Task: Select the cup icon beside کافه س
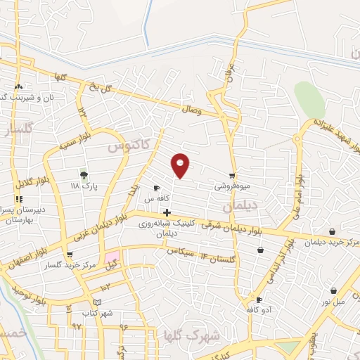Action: [157, 188]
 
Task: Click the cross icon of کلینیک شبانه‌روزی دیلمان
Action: [166, 212]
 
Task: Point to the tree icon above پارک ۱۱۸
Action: [84, 174]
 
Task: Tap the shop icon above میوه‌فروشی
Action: [232, 176]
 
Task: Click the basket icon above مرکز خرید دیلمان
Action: [332, 231]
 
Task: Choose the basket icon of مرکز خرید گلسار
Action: [68, 255]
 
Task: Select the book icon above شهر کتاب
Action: [97, 302]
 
